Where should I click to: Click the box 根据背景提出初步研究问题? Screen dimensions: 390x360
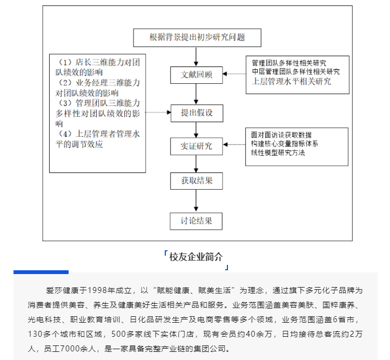(197, 38)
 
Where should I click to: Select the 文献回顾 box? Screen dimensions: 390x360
(197, 75)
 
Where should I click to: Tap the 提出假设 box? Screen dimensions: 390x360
(197, 113)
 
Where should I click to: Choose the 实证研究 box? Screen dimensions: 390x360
(197, 146)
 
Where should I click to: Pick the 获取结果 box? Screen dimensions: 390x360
(197, 181)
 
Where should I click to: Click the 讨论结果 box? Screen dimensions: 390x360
(196, 221)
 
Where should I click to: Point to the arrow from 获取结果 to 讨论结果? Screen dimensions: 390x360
(196, 201)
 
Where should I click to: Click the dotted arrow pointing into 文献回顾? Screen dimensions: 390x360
(234, 74)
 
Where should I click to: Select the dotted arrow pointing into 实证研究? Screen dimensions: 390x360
(234, 145)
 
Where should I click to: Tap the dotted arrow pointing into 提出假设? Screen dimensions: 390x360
(158, 112)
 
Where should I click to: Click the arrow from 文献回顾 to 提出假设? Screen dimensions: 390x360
(196, 94)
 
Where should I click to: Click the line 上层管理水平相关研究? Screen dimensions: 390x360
(292, 82)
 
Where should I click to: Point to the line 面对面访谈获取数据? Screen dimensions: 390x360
(281, 135)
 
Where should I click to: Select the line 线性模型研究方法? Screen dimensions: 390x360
(278, 152)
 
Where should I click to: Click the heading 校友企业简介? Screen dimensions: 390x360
(196, 257)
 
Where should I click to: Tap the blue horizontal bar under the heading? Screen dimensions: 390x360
(41, 272)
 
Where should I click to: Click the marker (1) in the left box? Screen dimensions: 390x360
(65, 62)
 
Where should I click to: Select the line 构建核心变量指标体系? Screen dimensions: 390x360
(285, 144)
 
